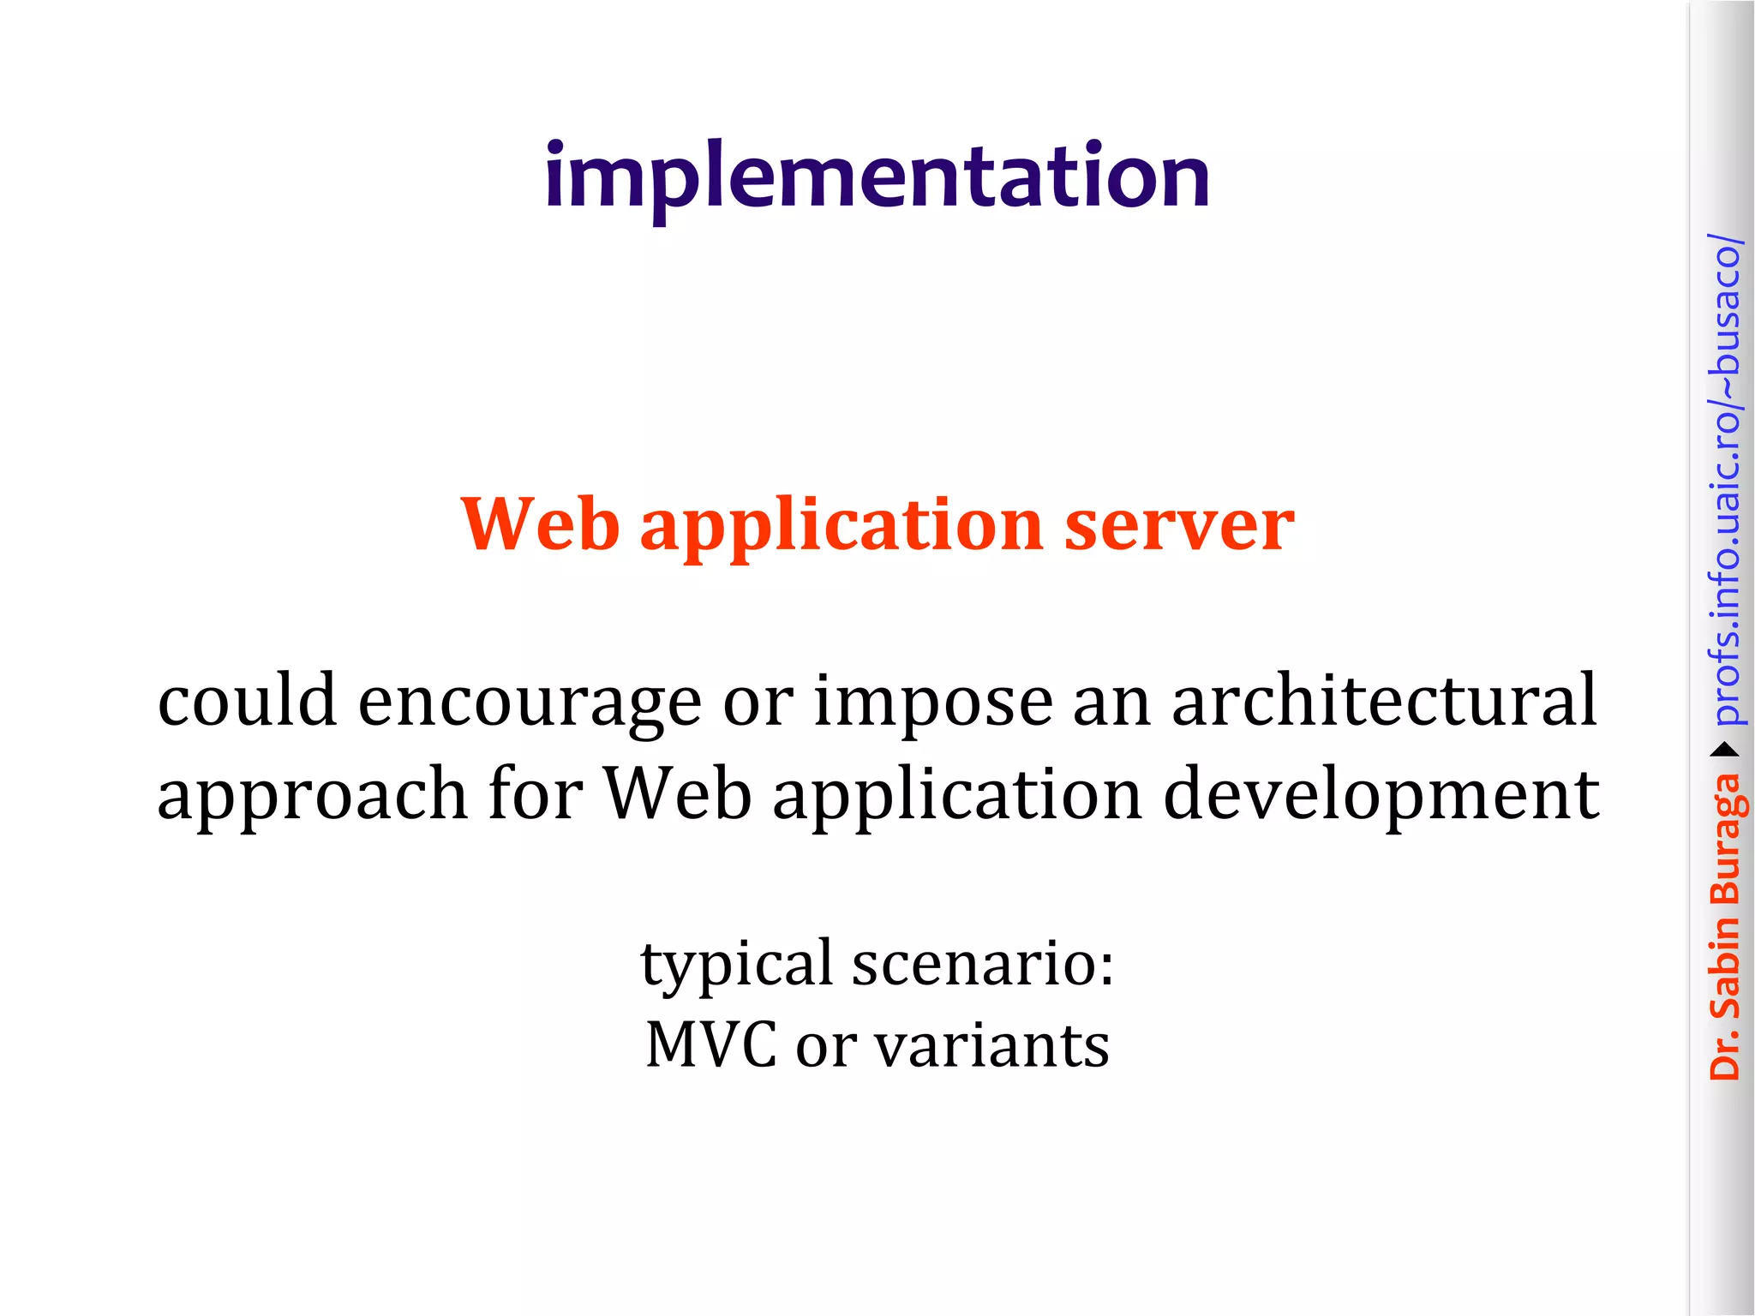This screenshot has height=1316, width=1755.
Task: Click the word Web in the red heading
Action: pos(540,524)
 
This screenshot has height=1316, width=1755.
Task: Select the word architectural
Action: pos(1384,701)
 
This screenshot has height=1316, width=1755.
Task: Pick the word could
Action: pos(247,701)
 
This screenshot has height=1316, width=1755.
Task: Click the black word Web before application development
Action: pos(678,793)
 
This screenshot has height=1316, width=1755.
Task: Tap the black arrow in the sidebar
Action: pos(1725,751)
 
